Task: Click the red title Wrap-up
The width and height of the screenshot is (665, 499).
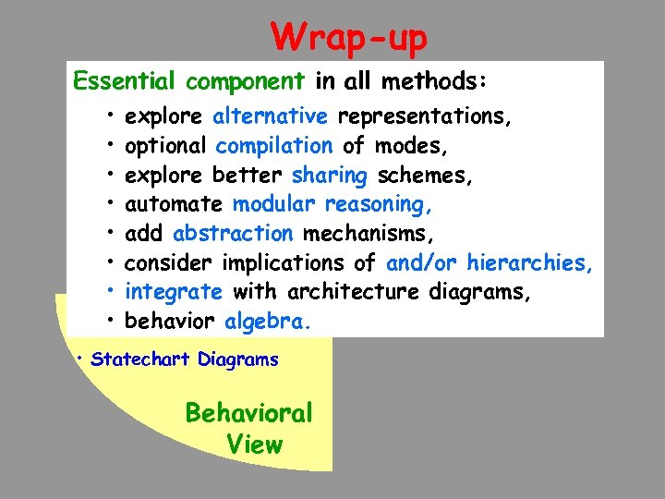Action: click(x=349, y=38)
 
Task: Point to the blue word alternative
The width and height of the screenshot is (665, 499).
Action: click(x=270, y=116)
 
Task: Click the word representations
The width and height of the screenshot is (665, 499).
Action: click(x=425, y=116)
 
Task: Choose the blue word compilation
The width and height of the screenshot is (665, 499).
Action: click(x=274, y=146)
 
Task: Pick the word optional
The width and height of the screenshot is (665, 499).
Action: click(x=165, y=146)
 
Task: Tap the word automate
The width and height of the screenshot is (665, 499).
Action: click(x=174, y=204)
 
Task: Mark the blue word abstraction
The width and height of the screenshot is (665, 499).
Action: click(x=233, y=234)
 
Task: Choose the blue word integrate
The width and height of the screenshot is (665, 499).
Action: click(x=174, y=292)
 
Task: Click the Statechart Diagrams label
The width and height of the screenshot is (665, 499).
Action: click(x=185, y=359)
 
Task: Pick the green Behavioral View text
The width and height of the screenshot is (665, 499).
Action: click(x=249, y=428)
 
